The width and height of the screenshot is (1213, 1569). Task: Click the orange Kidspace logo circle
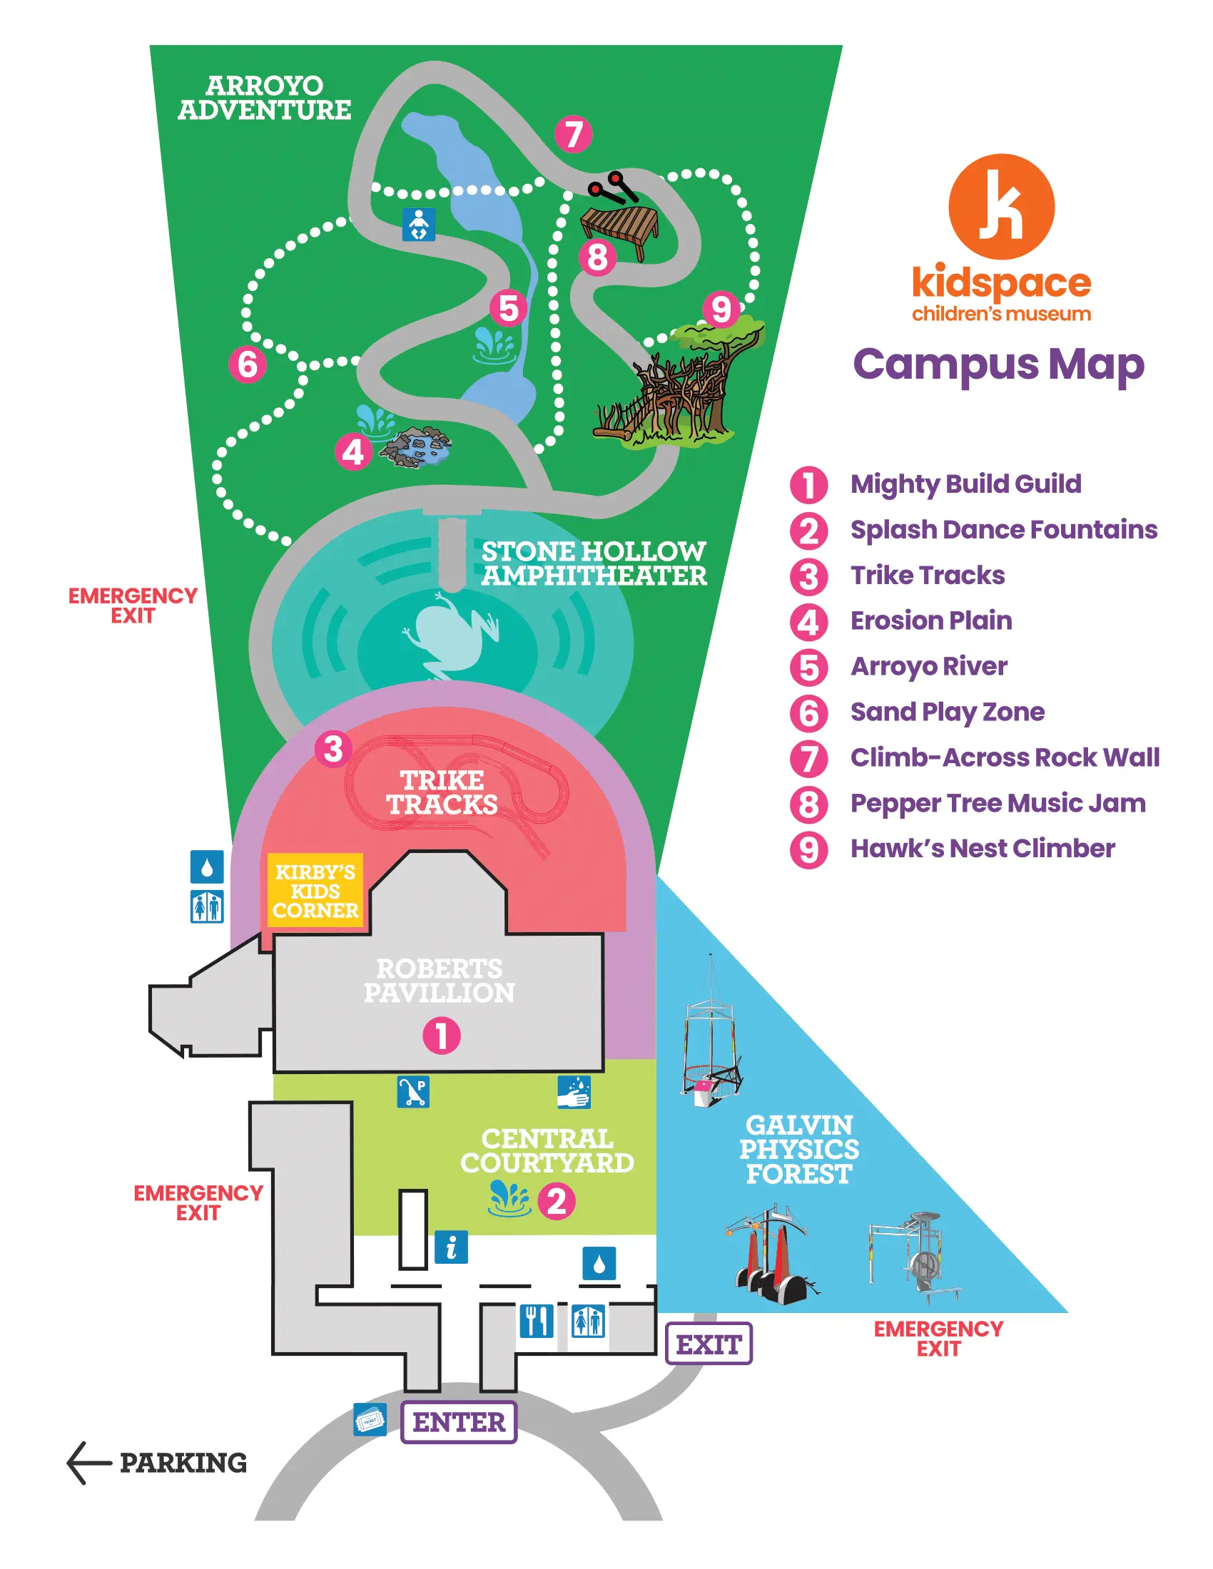(1001, 207)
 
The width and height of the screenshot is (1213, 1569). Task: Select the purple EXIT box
(709, 1344)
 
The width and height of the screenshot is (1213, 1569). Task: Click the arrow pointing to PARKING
(88, 1462)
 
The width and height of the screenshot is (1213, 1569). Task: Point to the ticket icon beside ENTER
(370, 1419)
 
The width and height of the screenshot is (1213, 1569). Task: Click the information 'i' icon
(451, 1247)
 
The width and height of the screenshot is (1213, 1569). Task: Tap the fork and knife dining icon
(536, 1320)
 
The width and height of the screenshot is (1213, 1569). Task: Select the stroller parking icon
(413, 1092)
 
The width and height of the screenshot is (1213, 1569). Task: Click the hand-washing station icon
(574, 1092)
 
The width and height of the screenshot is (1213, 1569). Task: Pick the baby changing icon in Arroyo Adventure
(419, 224)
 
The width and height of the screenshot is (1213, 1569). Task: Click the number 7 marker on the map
(574, 134)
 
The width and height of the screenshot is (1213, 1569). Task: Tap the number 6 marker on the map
(247, 364)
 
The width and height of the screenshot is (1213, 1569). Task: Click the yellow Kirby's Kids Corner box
(315, 890)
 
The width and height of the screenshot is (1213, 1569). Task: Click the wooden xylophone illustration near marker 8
(619, 225)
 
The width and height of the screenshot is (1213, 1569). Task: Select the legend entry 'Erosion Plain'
(931, 620)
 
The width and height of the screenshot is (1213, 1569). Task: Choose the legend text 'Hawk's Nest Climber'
(983, 849)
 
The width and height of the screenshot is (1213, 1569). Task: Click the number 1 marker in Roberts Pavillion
(441, 1036)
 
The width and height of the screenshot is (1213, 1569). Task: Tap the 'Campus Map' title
(999, 365)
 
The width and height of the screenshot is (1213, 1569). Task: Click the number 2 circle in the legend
(808, 531)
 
